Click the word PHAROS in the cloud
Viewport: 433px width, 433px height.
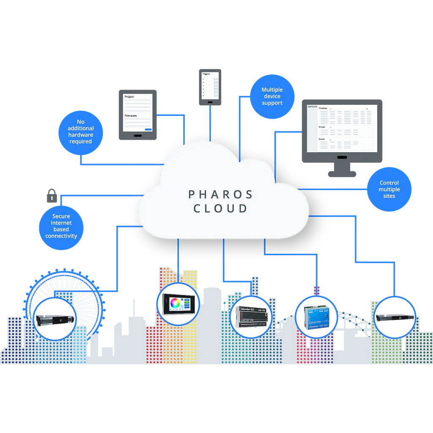pos(220,195)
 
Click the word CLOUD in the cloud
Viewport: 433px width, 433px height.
pos(220,208)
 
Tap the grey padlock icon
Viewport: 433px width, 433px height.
pos(51,195)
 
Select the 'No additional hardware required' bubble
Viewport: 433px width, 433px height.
pos(80,132)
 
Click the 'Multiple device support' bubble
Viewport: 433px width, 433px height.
pos(272,96)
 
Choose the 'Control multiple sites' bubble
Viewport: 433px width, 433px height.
pos(389,189)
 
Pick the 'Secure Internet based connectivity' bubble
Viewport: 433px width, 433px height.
pos(61,226)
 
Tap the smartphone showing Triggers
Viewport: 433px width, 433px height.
pos(210,86)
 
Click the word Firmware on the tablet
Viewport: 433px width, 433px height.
pos(131,115)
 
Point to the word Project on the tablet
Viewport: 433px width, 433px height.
pos(129,97)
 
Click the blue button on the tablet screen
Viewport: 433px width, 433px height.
pos(148,129)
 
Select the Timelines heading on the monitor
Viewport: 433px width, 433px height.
pos(323,108)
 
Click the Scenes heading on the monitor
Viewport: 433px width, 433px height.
pos(322,139)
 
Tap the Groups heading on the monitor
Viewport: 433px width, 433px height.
pos(322,127)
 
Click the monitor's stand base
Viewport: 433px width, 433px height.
pos(342,173)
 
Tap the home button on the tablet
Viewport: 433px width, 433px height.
pos(137,136)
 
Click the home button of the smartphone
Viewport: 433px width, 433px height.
pos(210,101)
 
